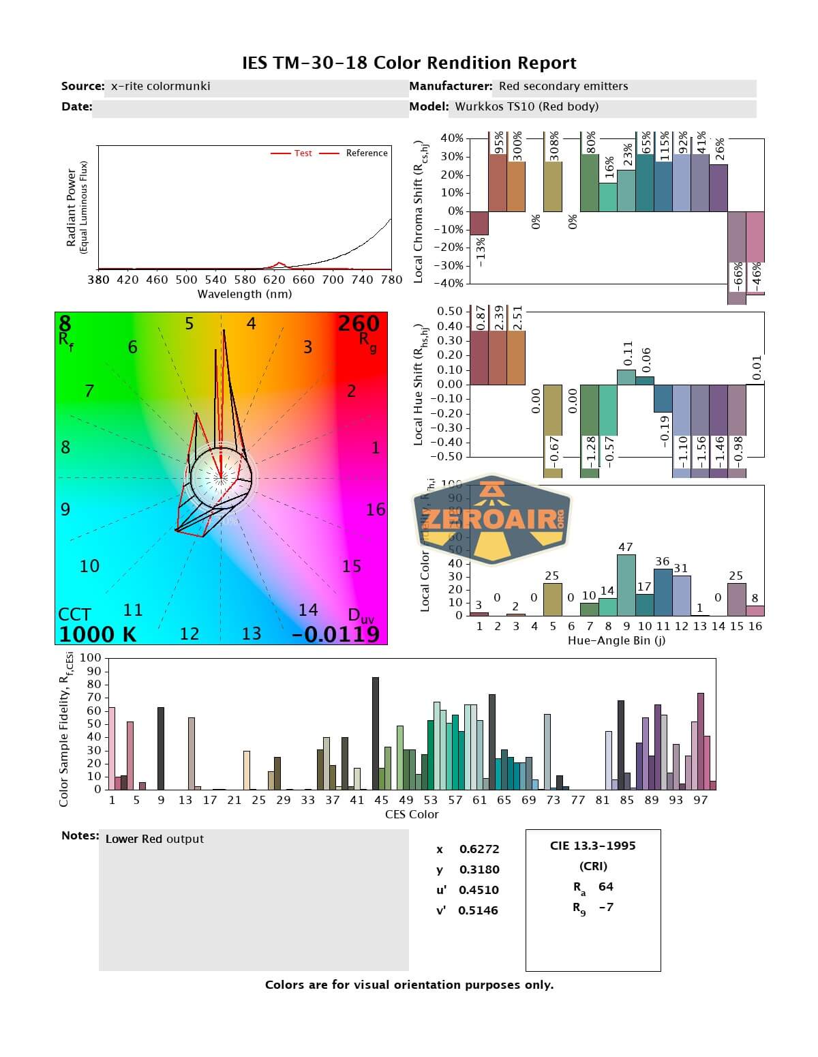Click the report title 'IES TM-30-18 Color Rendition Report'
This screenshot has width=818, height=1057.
[409, 63]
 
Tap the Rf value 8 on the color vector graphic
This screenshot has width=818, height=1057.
[65, 323]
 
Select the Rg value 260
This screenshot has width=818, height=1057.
[359, 323]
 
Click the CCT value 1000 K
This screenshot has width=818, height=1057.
[97, 634]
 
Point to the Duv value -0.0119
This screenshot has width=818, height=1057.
[335, 634]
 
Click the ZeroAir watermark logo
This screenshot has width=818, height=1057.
[492, 520]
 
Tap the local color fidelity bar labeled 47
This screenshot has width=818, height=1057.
[626, 584]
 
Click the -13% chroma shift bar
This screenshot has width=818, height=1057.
[479, 223]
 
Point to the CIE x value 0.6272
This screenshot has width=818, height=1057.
[479, 849]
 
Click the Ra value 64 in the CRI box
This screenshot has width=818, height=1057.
[605, 887]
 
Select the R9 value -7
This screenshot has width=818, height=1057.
[605, 907]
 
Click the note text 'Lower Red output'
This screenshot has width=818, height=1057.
[154, 839]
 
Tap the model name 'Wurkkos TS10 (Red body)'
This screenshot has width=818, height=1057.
[526, 106]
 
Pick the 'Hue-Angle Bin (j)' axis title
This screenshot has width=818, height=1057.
[616, 641]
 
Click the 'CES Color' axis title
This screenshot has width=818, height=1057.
[412, 814]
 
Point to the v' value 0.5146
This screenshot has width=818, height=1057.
[479, 910]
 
